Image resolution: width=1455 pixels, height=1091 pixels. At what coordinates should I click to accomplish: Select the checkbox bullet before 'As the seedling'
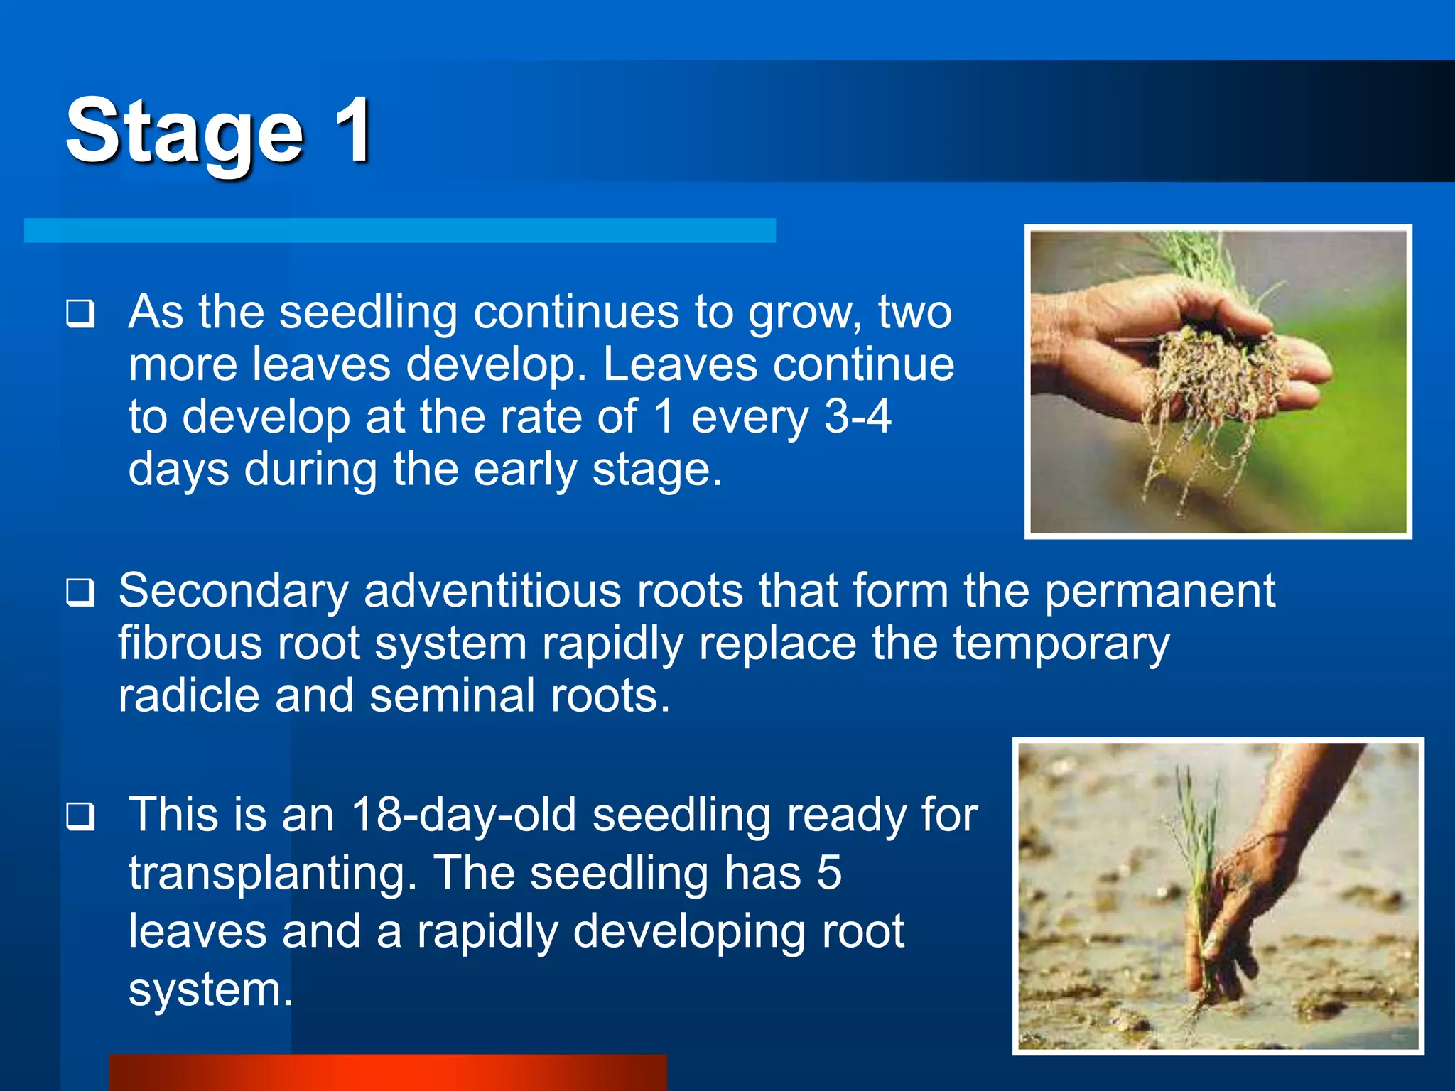(80, 313)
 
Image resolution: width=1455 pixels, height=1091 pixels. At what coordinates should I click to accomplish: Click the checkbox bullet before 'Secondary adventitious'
(80, 592)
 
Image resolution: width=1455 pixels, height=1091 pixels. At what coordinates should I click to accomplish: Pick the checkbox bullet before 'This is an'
(80, 816)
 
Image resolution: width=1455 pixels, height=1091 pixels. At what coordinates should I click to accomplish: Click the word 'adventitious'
(492, 591)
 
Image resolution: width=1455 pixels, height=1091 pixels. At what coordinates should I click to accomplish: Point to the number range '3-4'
(857, 417)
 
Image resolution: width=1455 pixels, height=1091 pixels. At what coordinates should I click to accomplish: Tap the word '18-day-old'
(463, 815)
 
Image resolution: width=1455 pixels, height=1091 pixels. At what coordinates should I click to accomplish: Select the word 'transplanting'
(272, 873)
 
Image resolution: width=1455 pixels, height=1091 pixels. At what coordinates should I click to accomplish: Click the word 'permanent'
(1159, 591)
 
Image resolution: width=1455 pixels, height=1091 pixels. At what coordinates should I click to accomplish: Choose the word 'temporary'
(1061, 644)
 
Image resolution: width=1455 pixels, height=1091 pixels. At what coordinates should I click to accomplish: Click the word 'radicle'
(188, 696)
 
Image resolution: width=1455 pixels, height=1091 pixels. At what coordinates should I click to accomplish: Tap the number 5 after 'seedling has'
(828, 873)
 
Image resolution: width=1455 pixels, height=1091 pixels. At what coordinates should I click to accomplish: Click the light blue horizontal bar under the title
(399, 231)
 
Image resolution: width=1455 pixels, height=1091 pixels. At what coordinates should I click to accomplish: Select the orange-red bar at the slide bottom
(387, 1073)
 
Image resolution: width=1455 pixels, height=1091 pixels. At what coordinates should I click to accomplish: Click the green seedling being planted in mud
(1197, 852)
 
